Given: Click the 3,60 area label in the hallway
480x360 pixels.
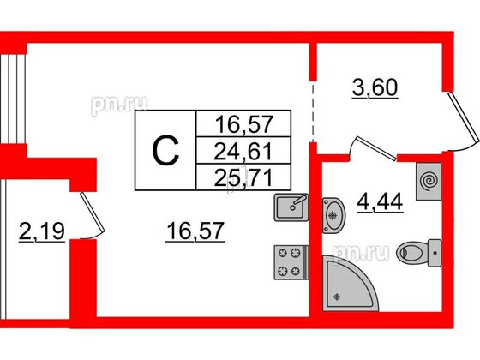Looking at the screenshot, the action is pyautogui.click(x=375, y=87).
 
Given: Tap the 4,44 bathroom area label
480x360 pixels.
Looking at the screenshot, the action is pyautogui.click(x=380, y=202).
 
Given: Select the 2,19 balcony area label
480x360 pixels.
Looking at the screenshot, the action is pyautogui.click(x=42, y=231).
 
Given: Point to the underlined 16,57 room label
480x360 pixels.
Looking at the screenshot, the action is pyautogui.click(x=195, y=231).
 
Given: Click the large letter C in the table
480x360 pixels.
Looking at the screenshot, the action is pyautogui.click(x=165, y=151).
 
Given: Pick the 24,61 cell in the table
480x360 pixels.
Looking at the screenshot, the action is pyautogui.click(x=243, y=152).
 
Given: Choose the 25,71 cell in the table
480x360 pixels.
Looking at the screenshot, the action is pyautogui.click(x=243, y=178).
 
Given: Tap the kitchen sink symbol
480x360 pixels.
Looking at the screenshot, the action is pyautogui.click(x=291, y=207).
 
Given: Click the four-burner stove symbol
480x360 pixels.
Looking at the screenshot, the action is pyautogui.click(x=291, y=262).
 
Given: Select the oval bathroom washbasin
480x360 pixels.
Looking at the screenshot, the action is pyautogui.click(x=333, y=215).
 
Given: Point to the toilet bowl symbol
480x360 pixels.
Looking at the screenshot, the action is pyautogui.click(x=419, y=253).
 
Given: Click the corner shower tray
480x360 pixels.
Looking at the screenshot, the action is pyautogui.click(x=346, y=286).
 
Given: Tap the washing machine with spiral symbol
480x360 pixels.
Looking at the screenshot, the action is pyautogui.click(x=429, y=182).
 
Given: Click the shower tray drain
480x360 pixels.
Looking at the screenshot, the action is pyautogui.click(x=337, y=297).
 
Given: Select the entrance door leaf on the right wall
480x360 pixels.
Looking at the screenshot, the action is pyautogui.click(x=464, y=117).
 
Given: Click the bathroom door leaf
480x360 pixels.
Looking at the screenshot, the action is pyautogui.click(x=375, y=149).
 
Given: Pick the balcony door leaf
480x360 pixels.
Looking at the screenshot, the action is pyautogui.click(x=93, y=213).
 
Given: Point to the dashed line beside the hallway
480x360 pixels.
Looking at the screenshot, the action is pyautogui.click(x=313, y=111).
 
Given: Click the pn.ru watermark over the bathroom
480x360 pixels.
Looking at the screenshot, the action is pyautogui.click(x=361, y=254).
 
